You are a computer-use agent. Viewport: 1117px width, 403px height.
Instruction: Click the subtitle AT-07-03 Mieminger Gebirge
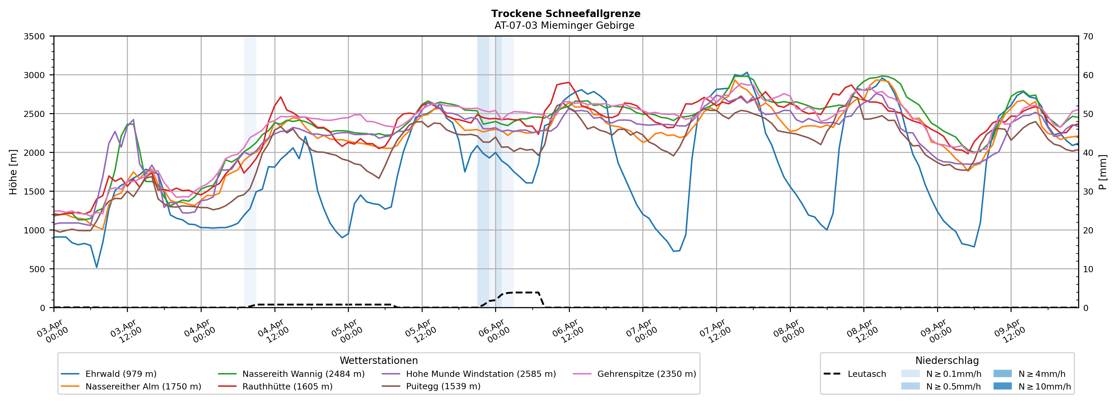(564, 26)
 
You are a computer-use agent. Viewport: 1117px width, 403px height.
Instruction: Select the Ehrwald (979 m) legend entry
(120, 374)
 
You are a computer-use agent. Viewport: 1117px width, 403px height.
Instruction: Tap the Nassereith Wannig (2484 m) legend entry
(303, 374)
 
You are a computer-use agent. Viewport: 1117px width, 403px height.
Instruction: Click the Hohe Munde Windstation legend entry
(480, 374)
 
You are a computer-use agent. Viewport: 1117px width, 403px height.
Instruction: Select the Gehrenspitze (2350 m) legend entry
(646, 374)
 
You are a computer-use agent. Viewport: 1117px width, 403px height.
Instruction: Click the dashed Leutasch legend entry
(866, 374)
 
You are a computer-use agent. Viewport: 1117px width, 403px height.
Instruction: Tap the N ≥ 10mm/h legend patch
(1002, 386)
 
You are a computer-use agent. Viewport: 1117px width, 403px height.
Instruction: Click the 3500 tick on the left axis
(34, 36)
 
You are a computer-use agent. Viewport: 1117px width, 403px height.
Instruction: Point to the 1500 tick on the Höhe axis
(34, 192)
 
